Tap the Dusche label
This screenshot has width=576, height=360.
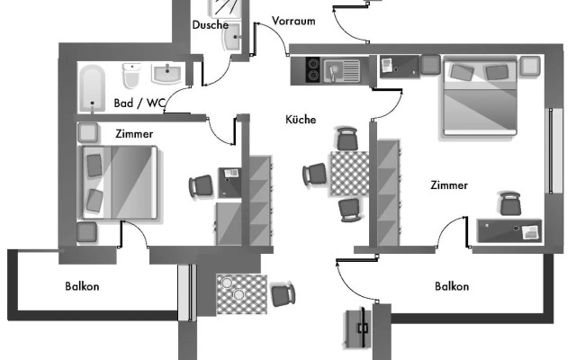210,25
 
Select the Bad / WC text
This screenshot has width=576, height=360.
139,103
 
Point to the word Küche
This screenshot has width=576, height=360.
301,119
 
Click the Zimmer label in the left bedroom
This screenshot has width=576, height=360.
134,133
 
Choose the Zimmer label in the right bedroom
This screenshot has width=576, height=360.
448,185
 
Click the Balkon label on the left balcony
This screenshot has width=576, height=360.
82,287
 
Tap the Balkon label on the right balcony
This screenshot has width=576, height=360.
451,287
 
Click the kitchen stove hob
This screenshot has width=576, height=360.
312,68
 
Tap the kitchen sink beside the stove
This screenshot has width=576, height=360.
342,67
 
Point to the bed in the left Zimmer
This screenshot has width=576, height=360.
121,184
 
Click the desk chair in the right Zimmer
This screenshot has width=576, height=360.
510,203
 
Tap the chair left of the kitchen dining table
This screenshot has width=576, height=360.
316,174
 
